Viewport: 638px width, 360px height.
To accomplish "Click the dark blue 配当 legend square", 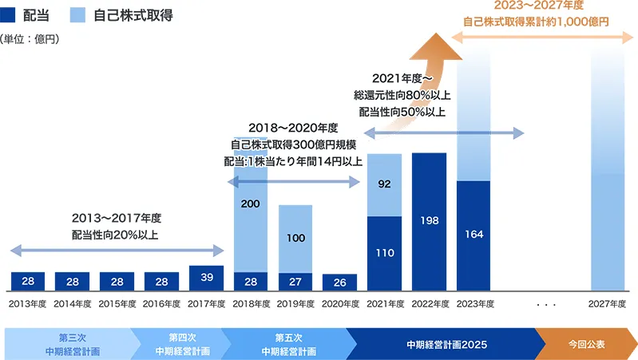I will (x=8, y=14).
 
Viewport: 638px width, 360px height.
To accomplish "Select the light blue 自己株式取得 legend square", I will (x=78, y=14).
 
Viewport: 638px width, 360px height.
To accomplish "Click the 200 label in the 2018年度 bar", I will (x=250, y=204).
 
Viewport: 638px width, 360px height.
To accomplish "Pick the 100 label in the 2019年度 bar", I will (x=295, y=238).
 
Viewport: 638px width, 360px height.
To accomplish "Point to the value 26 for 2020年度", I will (x=339, y=282).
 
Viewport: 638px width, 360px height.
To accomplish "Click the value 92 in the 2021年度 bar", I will (x=384, y=184).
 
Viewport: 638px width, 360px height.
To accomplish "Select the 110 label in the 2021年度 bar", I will (x=384, y=252).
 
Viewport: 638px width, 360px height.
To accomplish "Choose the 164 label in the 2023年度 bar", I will (x=474, y=235).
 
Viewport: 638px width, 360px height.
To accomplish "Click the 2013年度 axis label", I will (x=27, y=304).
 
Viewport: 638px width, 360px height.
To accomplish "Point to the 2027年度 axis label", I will (x=608, y=304).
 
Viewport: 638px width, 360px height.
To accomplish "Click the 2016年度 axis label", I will (x=161, y=304).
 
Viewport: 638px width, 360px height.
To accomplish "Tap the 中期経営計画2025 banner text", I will (x=446, y=344).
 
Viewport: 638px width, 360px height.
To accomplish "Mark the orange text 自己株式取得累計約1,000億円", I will (x=536, y=22).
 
